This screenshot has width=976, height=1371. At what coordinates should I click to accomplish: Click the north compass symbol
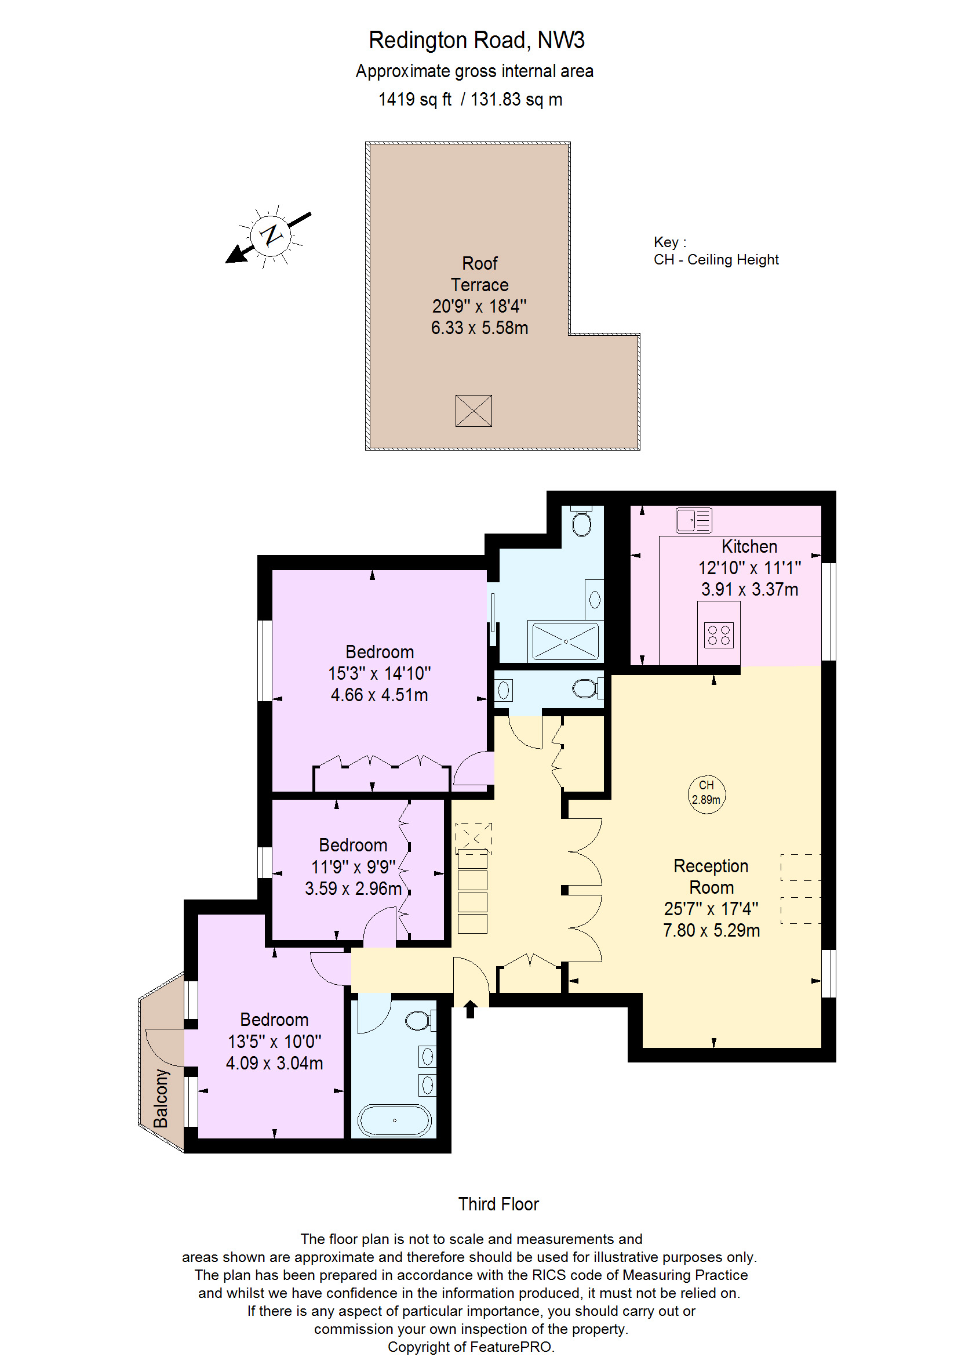point(271,235)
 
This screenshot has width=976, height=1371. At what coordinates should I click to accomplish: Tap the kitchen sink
point(694,520)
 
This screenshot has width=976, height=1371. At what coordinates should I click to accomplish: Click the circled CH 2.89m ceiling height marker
point(706,795)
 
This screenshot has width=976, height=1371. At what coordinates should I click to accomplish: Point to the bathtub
point(394,1121)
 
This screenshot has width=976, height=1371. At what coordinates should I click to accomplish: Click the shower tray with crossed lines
point(566,641)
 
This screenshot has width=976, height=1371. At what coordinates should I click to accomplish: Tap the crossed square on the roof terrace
point(474,411)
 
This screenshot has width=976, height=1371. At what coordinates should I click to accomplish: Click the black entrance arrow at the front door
point(470,1009)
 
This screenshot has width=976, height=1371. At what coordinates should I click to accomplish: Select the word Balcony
point(161,1098)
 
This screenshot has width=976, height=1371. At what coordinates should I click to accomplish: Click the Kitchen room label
point(749,546)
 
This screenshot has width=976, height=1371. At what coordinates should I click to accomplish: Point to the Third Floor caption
point(498,1204)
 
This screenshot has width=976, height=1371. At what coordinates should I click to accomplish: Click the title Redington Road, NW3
point(476,40)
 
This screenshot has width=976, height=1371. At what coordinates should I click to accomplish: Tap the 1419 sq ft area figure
point(414,99)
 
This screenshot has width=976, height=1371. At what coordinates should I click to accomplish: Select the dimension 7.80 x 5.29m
point(711,931)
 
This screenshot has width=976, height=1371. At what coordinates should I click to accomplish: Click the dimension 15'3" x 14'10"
point(379,673)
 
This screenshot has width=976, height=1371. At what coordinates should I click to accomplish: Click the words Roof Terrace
point(479,274)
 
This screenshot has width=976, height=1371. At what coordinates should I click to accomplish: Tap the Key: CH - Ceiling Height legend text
point(716,251)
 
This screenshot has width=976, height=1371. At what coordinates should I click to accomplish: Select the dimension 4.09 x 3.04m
point(274,1063)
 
